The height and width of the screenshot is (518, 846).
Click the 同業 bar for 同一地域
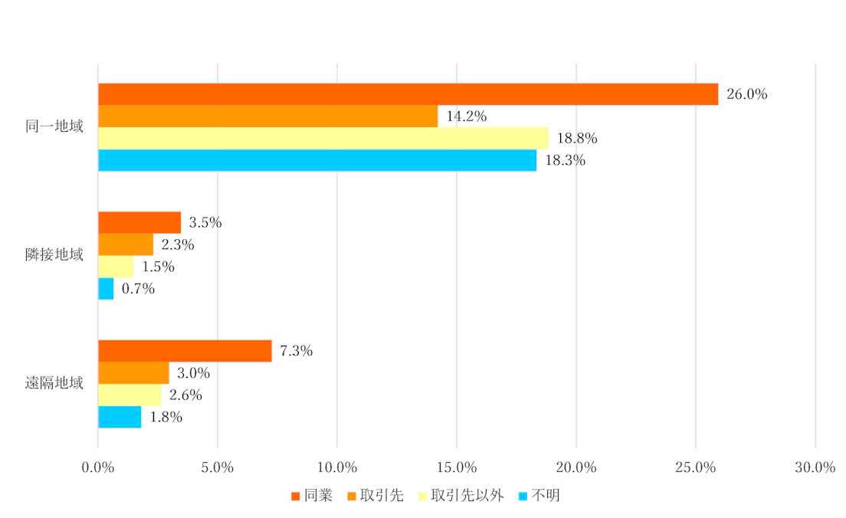coord(408,94)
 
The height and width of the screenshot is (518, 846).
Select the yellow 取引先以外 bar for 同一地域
coord(323,139)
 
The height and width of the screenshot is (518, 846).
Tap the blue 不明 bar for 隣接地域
coord(106,289)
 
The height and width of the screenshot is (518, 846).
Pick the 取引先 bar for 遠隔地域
coord(133,373)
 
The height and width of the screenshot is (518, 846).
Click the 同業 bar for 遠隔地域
coord(185,351)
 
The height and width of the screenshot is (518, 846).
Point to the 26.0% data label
coord(746,95)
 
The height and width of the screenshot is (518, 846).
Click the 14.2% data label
coord(466,117)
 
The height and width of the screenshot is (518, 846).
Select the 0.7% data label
coord(138,290)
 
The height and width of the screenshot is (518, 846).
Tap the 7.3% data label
coord(296,352)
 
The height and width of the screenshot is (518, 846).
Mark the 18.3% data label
coord(565,161)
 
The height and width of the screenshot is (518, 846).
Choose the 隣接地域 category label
coord(54,255)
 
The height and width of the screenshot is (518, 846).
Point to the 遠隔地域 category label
coord(54,383)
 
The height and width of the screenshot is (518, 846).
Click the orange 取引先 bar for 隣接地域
coord(126,245)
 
